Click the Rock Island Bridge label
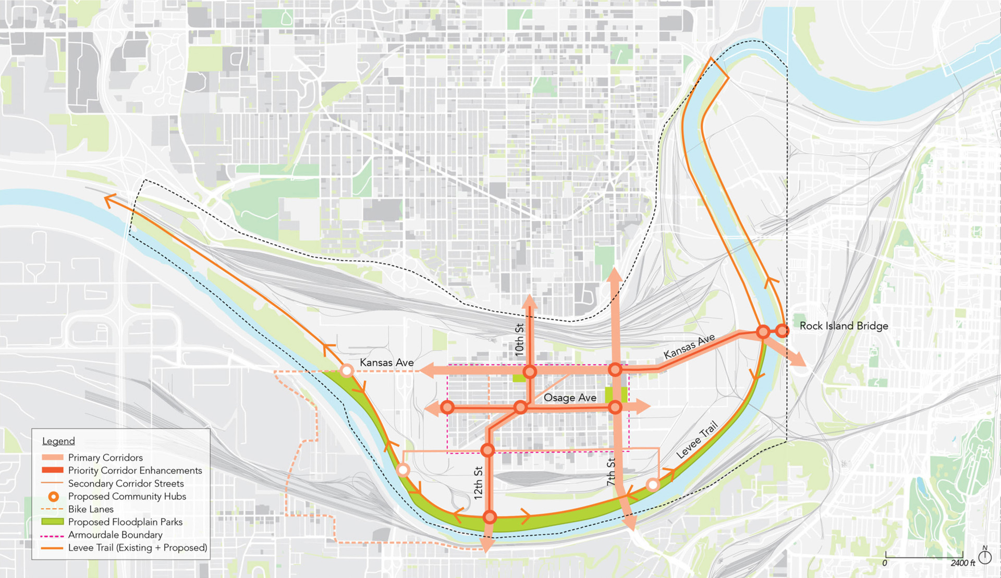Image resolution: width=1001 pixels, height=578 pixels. [x=844, y=326]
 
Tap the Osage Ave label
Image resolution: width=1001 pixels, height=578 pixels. [x=569, y=398]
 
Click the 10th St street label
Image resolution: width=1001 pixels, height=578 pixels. [x=519, y=340]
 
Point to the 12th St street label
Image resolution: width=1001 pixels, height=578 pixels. [x=478, y=483]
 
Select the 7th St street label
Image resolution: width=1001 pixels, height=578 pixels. [x=611, y=472]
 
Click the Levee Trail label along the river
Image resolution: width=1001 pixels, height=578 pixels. [x=697, y=440]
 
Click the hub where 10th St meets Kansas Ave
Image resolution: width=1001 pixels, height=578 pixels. [x=530, y=372]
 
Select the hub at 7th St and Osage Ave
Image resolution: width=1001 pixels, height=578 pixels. [x=615, y=407]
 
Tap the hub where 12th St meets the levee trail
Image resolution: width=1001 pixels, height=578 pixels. [x=490, y=517]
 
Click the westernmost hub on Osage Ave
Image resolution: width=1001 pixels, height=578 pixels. [x=447, y=407]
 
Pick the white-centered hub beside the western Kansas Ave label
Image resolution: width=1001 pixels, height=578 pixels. [x=347, y=371]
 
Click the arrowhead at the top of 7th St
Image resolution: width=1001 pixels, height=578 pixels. [x=615, y=275]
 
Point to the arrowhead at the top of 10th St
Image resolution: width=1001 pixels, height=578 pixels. [x=530, y=300]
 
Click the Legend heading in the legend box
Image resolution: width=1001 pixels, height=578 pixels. [x=58, y=441]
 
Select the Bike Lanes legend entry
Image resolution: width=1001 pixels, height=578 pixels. [x=91, y=509]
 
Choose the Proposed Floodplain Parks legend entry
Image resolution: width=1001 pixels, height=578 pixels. [x=125, y=522]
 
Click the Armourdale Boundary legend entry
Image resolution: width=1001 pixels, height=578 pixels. [x=115, y=535]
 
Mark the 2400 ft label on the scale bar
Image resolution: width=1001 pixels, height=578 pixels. [x=962, y=563]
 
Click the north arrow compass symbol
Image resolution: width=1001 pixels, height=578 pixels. [x=985, y=556]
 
